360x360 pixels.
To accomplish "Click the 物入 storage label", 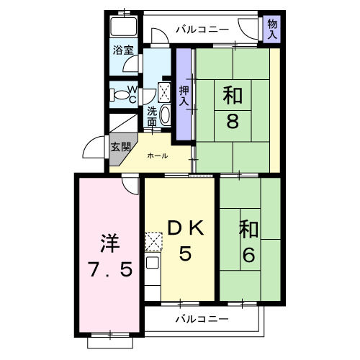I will [x=272, y=30].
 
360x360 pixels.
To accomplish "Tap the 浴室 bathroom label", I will [x=123, y=50].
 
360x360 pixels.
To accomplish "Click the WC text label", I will [x=132, y=94].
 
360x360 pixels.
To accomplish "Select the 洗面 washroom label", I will [x=153, y=117].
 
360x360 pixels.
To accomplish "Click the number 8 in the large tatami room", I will [x=232, y=120].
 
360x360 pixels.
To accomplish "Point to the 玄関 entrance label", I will [x=120, y=148].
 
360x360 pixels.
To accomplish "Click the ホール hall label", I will [x=158, y=156].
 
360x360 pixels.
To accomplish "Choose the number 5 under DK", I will [x=185, y=254].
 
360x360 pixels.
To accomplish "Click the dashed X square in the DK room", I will [x=153, y=240].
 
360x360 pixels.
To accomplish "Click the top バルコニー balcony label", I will [x=202, y=30].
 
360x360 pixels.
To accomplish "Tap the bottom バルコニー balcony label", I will [x=202, y=319].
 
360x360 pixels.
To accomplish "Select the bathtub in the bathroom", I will [x=124, y=30].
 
